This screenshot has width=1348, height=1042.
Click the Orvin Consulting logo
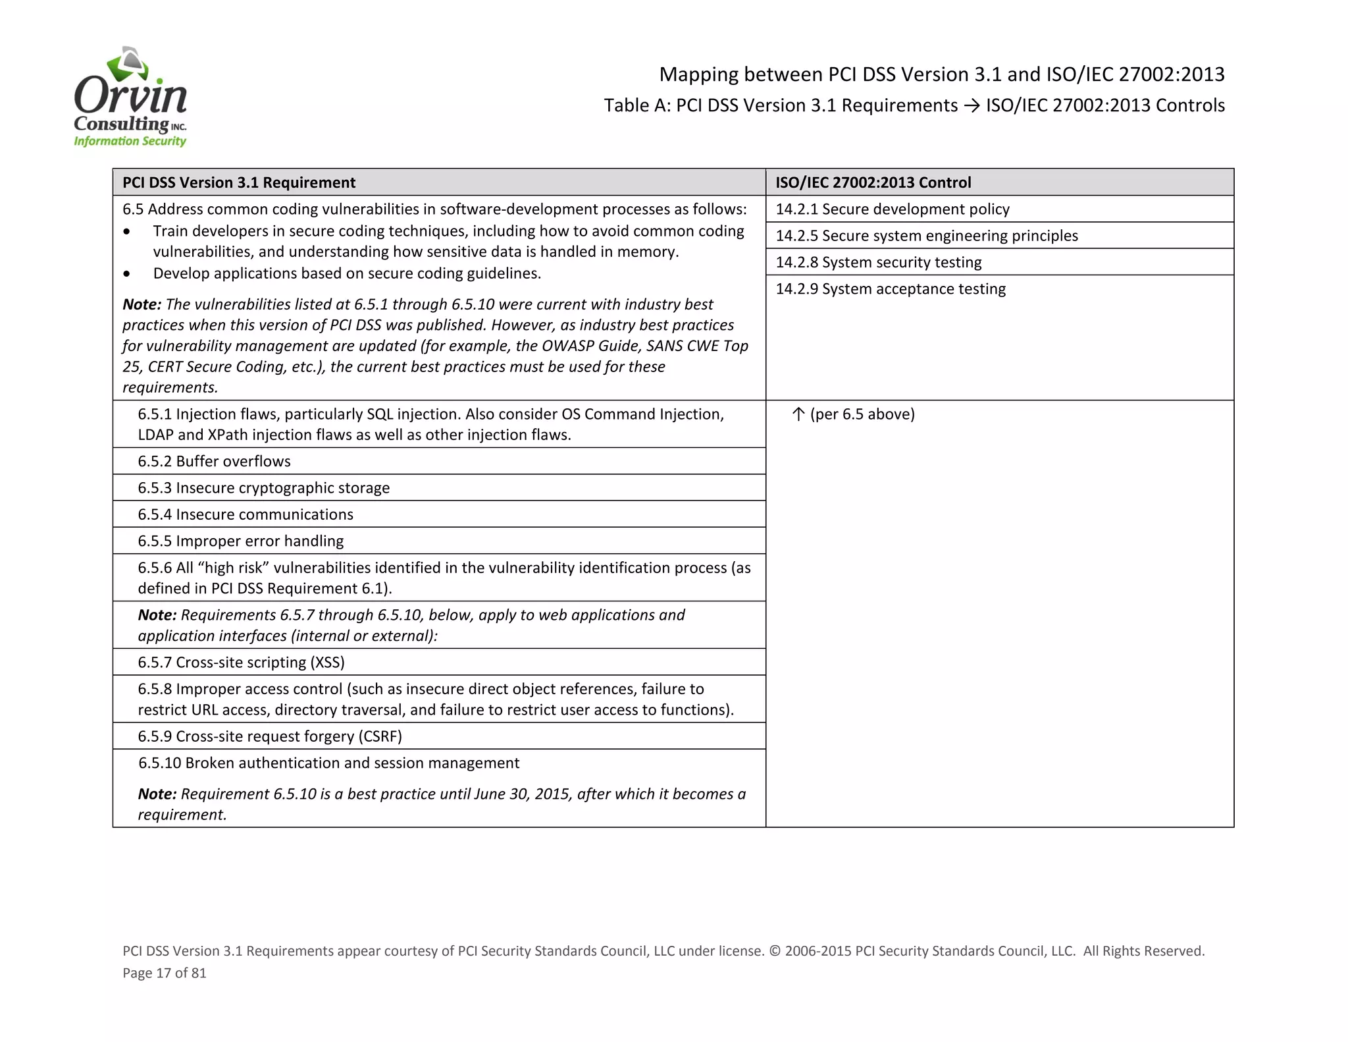[130, 97]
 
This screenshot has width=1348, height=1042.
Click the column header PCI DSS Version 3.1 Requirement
[239, 182]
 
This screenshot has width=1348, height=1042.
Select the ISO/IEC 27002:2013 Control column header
[873, 182]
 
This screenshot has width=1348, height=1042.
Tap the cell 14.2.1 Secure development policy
[892, 209]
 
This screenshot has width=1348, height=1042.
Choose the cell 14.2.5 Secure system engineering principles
[926, 236]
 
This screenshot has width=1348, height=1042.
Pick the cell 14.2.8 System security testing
[878, 262]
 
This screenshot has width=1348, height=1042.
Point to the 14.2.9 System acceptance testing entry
[890, 289]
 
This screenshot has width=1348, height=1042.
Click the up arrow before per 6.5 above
[798, 414]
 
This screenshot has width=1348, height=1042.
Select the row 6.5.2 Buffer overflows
[214, 461]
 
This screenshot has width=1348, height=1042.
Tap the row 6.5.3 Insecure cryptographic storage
[263, 488]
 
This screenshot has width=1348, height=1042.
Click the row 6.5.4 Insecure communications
[245, 514]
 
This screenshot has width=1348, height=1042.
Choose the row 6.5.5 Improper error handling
[240, 541]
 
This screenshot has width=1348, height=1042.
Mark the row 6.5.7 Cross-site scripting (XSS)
[241, 663]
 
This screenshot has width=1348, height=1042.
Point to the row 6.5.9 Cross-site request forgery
[270, 736]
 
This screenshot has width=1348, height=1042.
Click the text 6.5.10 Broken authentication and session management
[328, 763]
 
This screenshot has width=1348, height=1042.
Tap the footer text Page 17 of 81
[165, 973]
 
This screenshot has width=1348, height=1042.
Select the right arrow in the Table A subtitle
[972, 106]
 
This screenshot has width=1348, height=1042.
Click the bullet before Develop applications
[127, 274]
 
